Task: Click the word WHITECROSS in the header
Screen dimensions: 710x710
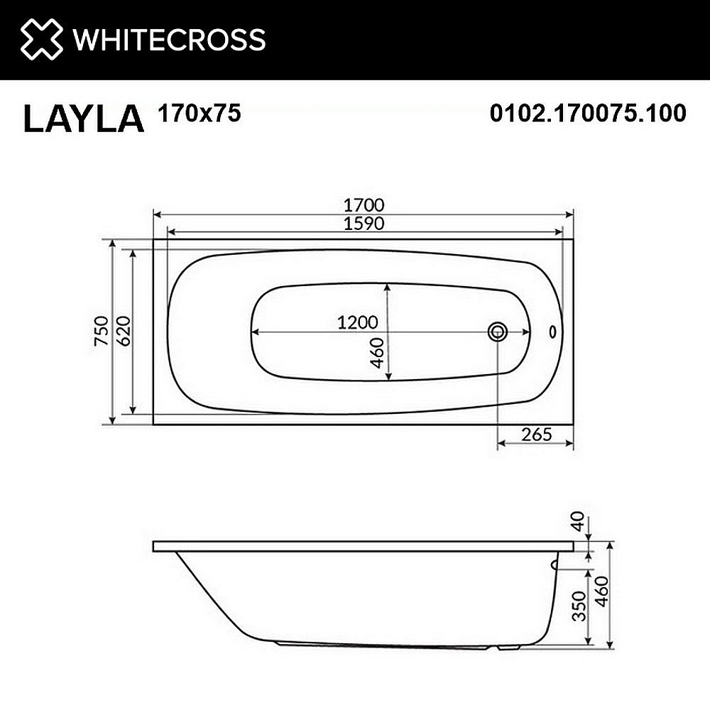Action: click(170, 39)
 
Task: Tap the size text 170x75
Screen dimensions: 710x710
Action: click(195, 113)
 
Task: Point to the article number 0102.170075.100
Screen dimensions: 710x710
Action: click(588, 113)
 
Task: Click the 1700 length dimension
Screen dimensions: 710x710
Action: click(364, 204)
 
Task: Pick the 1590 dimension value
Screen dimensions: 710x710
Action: click(364, 223)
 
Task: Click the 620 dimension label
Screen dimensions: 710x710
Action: click(121, 332)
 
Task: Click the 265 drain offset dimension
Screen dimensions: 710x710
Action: click(536, 434)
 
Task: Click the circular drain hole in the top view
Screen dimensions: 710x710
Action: click(498, 331)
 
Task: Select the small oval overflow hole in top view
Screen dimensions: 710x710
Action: click(554, 332)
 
